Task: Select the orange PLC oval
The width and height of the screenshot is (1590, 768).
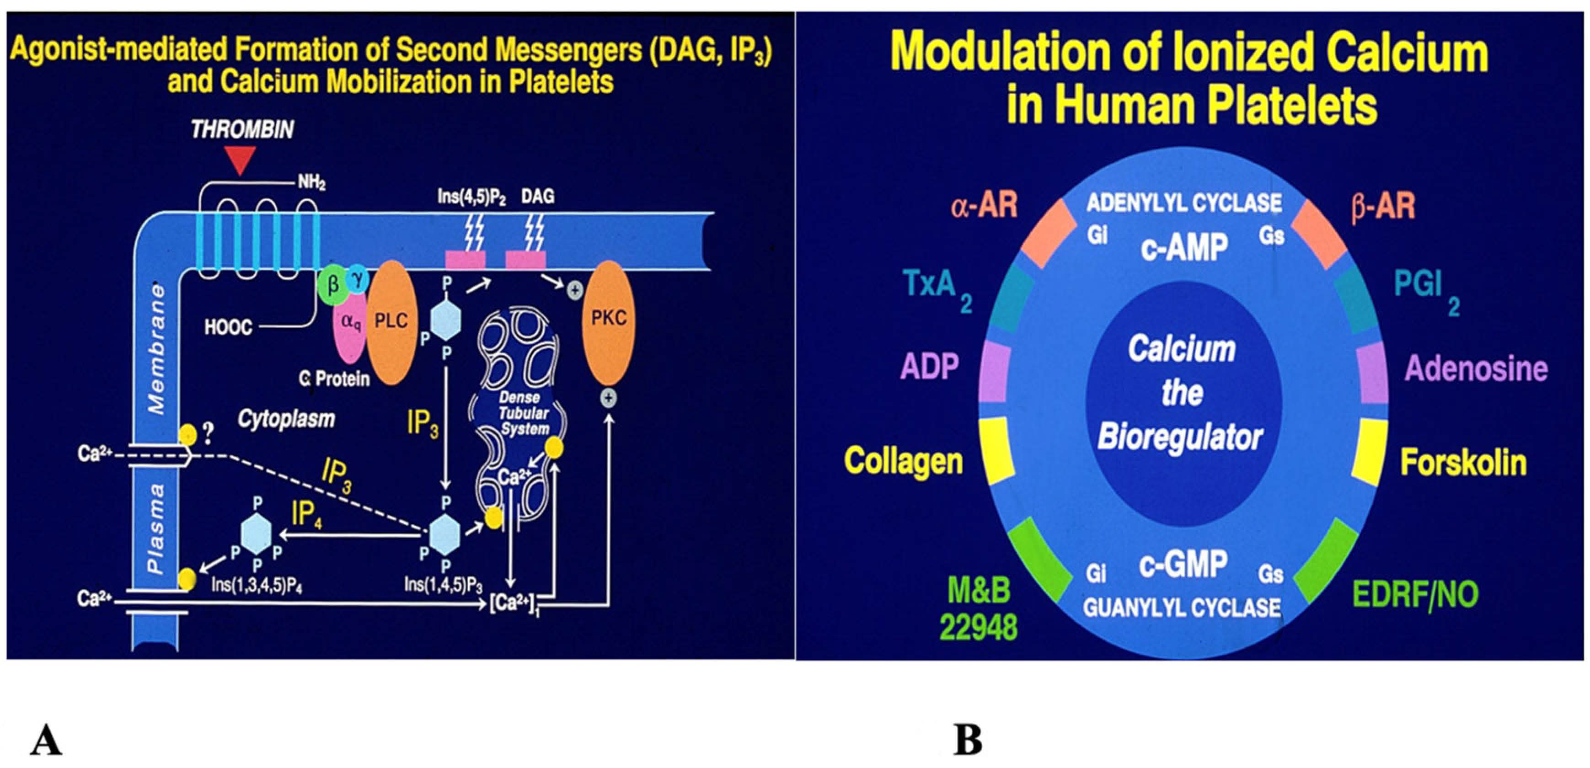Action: click(x=391, y=322)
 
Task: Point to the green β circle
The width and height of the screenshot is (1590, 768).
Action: click(x=333, y=286)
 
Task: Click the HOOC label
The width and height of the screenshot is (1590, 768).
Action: click(x=228, y=327)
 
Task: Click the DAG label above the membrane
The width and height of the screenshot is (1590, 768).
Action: click(x=538, y=196)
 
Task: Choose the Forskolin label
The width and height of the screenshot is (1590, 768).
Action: click(x=1463, y=462)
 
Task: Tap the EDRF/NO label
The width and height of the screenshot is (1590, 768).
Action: click(x=1415, y=594)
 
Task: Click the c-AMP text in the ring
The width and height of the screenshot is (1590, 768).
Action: click(x=1184, y=248)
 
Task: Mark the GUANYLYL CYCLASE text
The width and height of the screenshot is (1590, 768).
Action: click(x=1181, y=608)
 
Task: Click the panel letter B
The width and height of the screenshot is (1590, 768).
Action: click(x=967, y=740)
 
